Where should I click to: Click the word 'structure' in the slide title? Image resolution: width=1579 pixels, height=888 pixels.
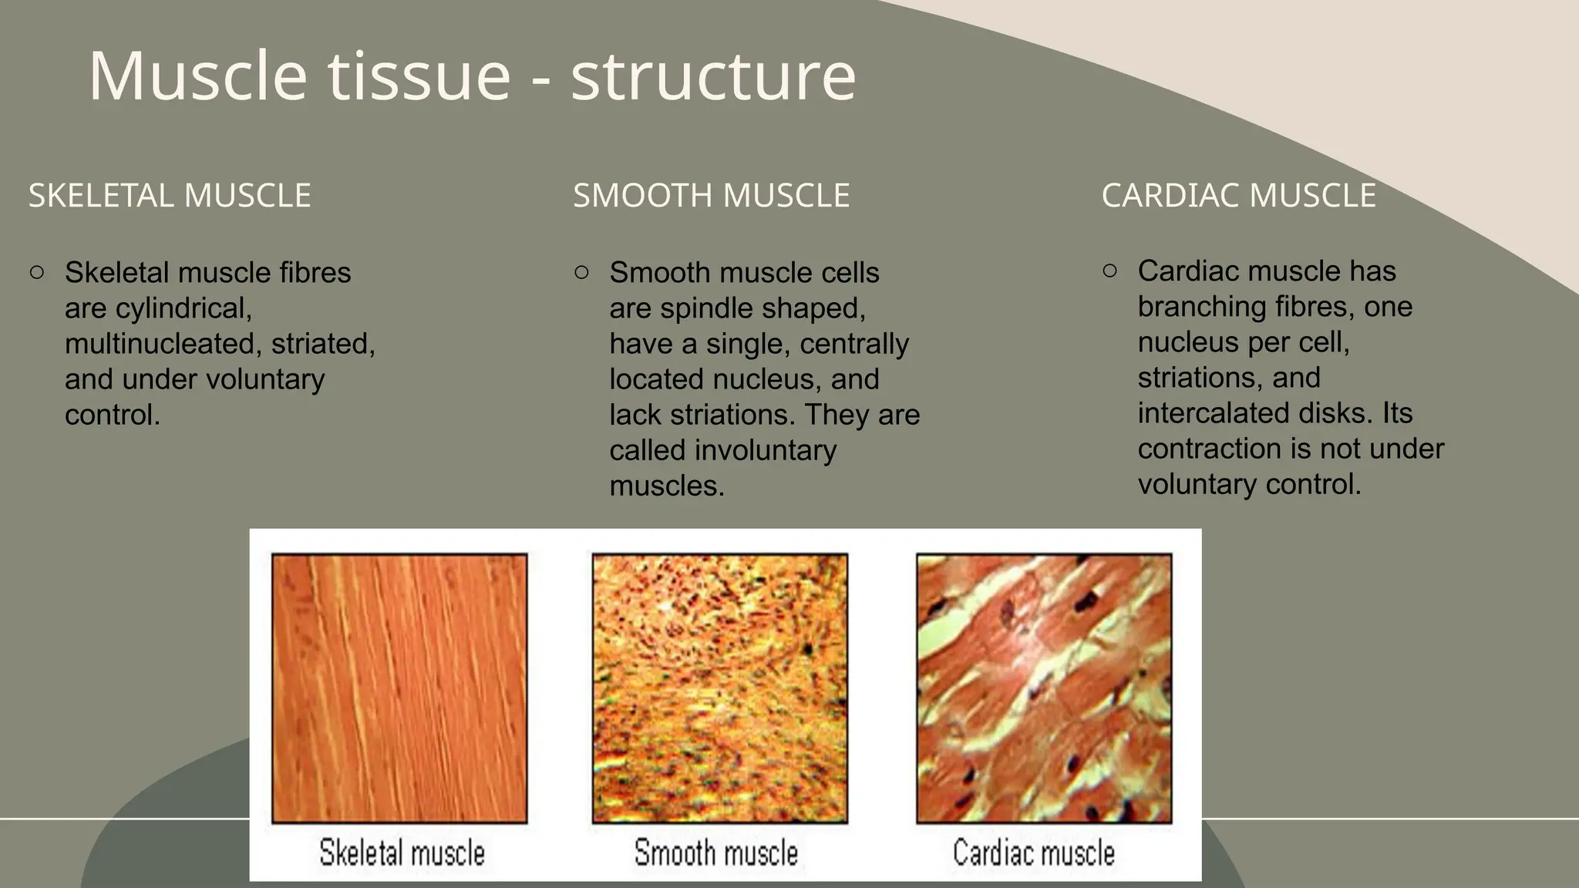[x=713, y=76]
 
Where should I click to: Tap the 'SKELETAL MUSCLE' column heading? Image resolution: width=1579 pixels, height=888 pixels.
[x=170, y=196]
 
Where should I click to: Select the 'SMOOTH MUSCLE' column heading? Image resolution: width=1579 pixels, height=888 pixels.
[x=711, y=196]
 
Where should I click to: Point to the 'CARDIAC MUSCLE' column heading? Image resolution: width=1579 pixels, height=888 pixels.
[x=1238, y=196]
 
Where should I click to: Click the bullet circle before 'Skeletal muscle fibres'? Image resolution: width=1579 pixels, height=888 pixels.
[x=37, y=272]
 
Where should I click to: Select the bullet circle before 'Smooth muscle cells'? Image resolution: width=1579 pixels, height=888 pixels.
[x=582, y=272]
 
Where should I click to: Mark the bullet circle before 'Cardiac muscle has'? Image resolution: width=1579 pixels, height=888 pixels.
[x=1110, y=271]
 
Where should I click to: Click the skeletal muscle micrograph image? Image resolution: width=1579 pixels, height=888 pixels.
[x=399, y=688]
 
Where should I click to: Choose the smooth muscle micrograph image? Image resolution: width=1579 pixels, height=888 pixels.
[x=719, y=688]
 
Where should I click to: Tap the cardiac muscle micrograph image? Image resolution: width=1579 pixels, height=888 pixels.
[x=1044, y=688]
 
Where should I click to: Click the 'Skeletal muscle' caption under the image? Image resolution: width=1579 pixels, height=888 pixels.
[x=402, y=853]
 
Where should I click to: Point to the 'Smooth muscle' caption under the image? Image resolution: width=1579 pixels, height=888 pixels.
[x=715, y=853]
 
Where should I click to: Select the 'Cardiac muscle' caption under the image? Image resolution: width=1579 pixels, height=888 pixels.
[x=1033, y=853]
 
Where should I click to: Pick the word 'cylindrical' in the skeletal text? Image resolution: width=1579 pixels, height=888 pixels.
[x=183, y=308]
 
